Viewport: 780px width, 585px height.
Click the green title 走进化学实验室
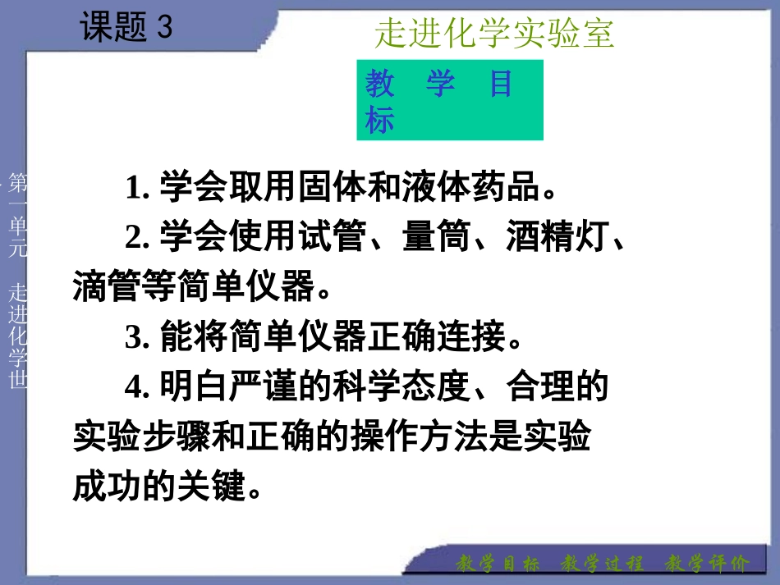click(x=494, y=34)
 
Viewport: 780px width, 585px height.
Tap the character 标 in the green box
click(x=380, y=121)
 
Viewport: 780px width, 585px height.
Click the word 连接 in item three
click(x=469, y=337)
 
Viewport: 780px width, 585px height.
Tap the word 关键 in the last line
click(x=217, y=487)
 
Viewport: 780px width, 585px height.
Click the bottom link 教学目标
click(x=498, y=564)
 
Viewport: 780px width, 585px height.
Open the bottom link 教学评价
click(x=707, y=564)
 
